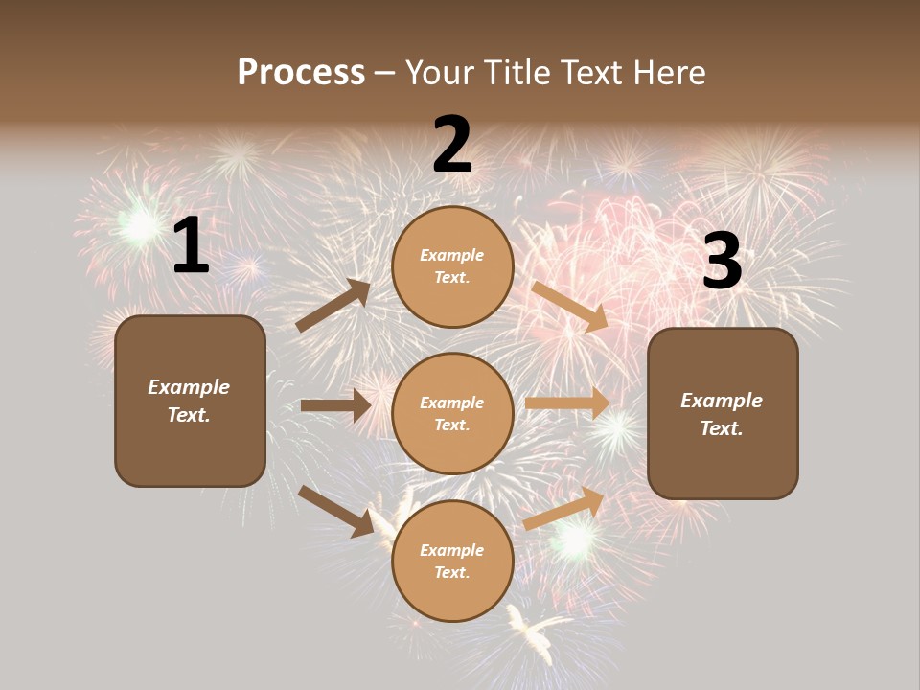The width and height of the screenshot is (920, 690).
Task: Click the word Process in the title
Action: [x=301, y=73]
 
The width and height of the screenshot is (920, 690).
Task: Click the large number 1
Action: [x=191, y=246]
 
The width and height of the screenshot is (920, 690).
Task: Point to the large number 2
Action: [x=452, y=145]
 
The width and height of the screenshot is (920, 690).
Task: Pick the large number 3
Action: [x=722, y=261]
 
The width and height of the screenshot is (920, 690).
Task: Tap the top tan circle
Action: [x=452, y=266]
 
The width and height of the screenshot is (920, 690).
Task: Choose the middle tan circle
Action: [x=452, y=414]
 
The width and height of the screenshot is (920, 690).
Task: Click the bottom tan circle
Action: [x=452, y=562]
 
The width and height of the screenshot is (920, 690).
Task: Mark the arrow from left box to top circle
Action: [x=333, y=306]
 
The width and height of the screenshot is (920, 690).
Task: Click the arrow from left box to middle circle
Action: [x=335, y=405]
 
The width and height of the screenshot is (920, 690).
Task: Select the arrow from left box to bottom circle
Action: [x=335, y=511]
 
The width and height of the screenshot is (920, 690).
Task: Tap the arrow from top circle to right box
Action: [x=569, y=306]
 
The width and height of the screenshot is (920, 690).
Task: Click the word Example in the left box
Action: [x=189, y=387]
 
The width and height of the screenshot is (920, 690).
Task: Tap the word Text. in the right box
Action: [x=722, y=428]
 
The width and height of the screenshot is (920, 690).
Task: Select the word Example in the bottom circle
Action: [x=452, y=550]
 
